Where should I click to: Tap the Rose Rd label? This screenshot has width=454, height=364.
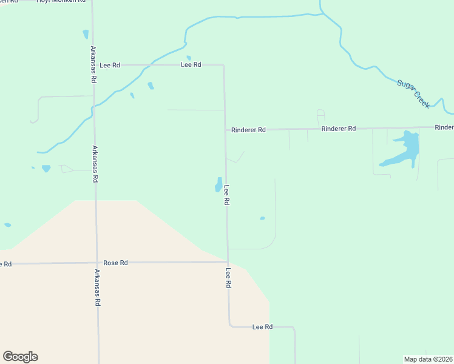click(x=115, y=263)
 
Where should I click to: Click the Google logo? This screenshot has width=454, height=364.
click(x=20, y=357)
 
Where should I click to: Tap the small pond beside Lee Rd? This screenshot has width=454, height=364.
click(x=218, y=184)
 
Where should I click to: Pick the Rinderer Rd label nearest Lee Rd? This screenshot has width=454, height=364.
click(x=249, y=130)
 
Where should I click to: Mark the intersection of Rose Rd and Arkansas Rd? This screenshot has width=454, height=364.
click(x=96, y=263)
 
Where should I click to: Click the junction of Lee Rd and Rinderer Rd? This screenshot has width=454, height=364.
click(x=225, y=130)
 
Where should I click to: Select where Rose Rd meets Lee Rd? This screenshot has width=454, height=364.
click(x=228, y=262)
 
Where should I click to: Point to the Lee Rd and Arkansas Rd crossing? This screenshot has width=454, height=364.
click(x=93, y=65)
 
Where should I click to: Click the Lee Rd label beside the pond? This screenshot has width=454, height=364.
click(x=226, y=195)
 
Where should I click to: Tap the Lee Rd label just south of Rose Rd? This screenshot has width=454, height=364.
click(x=229, y=278)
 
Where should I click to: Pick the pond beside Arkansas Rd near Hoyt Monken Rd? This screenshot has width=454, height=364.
click(x=86, y=35)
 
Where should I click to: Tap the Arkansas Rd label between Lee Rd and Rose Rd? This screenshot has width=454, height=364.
click(x=95, y=164)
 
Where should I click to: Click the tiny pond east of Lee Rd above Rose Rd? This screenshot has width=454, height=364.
click(x=262, y=218)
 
